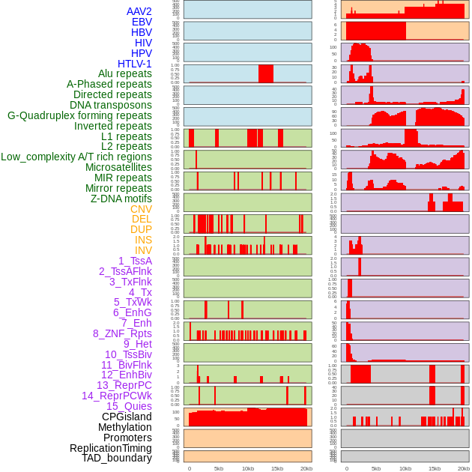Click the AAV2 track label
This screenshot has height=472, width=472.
tap(139, 11)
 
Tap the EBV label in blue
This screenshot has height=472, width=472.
tap(142, 22)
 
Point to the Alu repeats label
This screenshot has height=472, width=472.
tap(124, 74)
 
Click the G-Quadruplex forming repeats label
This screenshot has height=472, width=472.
tap(79, 115)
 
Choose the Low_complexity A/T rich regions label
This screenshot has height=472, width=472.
tap(76, 157)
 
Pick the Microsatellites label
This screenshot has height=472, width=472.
tap(118, 167)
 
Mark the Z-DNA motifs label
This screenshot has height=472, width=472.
tap(121, 199)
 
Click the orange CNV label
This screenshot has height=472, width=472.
tap(141, 209)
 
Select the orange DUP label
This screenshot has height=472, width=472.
tap(141, 229)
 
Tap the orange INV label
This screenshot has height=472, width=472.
tap(143, 250)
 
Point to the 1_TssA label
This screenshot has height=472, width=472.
tap(135, 261)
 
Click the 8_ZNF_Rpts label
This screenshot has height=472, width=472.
tap(122, 333)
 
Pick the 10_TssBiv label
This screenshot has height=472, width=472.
tap(128, 354)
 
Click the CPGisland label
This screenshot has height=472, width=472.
tap(127, 417)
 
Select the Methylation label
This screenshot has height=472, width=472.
tap(124, 427)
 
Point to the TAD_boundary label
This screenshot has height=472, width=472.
tap(116, 458)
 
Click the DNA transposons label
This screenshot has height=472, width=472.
tap(110, 105)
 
